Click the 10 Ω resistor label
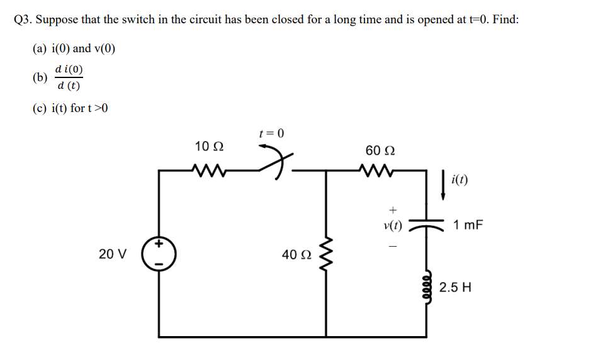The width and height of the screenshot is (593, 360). [208, 147]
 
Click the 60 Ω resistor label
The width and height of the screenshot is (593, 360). [380, 151]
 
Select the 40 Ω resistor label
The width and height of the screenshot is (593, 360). [295, 254]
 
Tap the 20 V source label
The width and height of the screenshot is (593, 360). [113, 254]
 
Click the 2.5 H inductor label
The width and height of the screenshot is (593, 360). [455, 288]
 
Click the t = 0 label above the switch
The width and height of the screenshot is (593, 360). [271, 133]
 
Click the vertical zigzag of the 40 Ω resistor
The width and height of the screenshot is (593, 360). [326, 254]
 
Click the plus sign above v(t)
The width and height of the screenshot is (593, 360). [393, 208]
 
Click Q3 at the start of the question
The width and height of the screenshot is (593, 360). [23, 19]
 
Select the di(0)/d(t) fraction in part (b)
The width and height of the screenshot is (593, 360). [68, 77]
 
